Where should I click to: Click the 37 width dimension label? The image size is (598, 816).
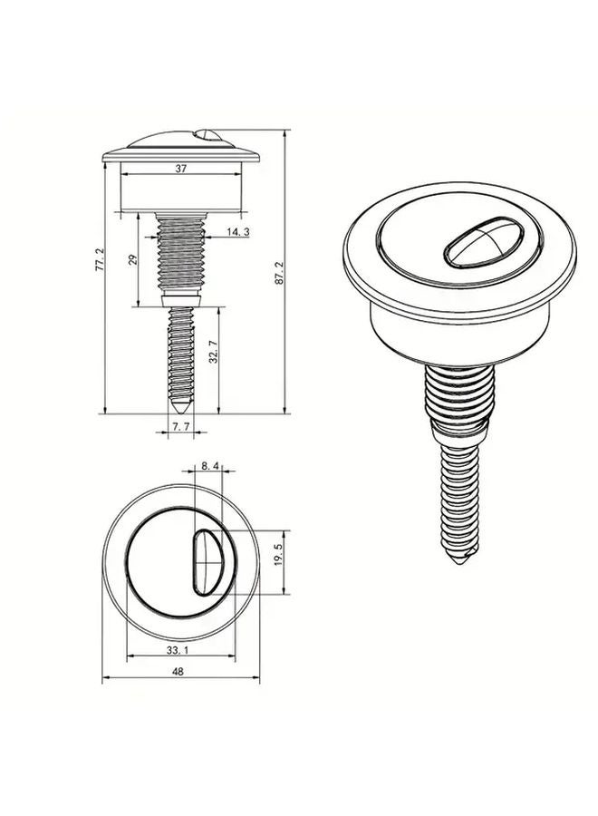point(181,169)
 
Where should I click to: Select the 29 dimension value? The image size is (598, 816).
point(132,259)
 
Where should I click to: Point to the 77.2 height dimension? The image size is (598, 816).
point(101,259)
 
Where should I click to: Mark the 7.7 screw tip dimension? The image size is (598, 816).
point(181,426)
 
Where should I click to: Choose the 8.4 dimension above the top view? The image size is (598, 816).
point(210,466)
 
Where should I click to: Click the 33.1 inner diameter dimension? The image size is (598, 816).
point(178,649)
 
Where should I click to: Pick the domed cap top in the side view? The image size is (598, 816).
point(180,143)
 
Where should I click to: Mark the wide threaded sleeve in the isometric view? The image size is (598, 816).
point(460,399)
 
